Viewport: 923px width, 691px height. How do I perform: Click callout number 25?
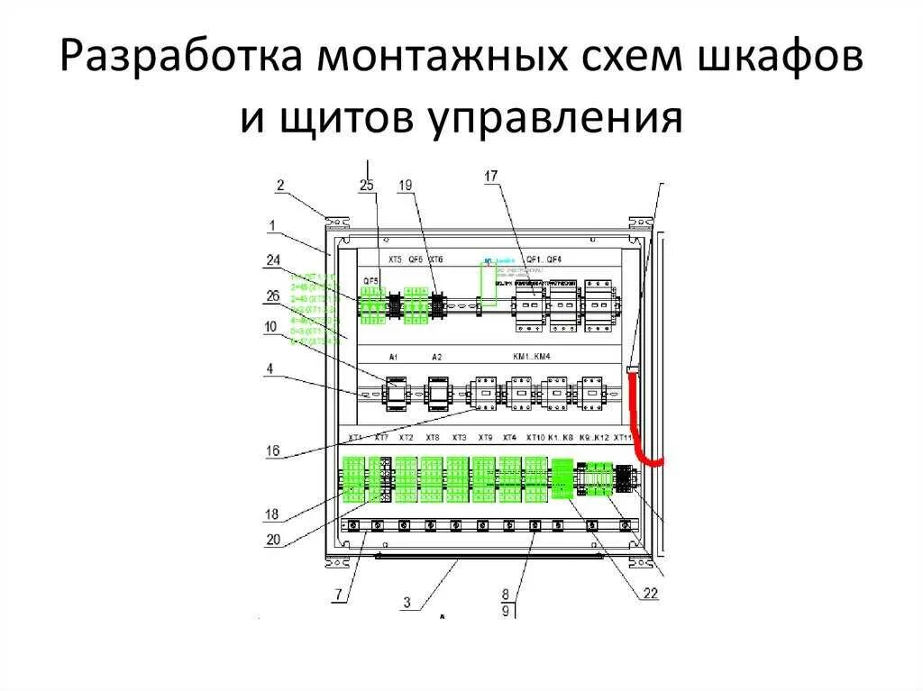click(x=366, y=186)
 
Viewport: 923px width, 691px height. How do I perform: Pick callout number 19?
click(x=406, y=186)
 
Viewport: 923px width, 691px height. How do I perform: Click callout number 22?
click(x=651, y=592)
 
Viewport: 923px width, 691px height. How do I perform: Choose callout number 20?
click(x=273, y=540)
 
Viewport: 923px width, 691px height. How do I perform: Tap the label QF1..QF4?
click(x=544, y=259)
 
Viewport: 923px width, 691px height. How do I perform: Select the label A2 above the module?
click(x=437, y=358)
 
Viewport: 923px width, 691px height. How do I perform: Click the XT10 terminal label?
click(x=535, y=438)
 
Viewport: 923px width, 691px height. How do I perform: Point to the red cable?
click(x=641, y=423)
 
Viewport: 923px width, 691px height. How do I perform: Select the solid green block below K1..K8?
click(x=562, y=477)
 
